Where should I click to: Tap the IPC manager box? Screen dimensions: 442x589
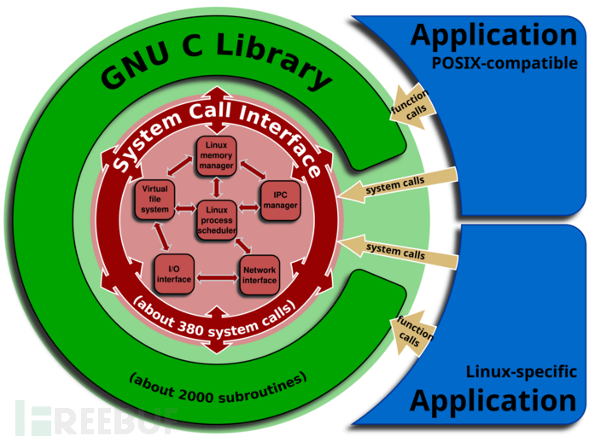pyautogui.click(x=280, y=201)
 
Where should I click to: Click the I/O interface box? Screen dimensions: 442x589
pyautogui.click(x=174, y=272)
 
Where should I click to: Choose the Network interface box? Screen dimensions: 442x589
pyautogui.click(x=260, y=274)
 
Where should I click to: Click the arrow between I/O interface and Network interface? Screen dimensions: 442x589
pyautogui.click(x=217, y=276)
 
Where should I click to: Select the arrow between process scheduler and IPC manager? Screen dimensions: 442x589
pyautogui.click(x=248, y=207)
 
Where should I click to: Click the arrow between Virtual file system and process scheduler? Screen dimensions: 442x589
pyautogui.click(x=186, y=207)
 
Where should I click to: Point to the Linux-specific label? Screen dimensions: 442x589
pyautogui.click(x=521, y=372)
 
